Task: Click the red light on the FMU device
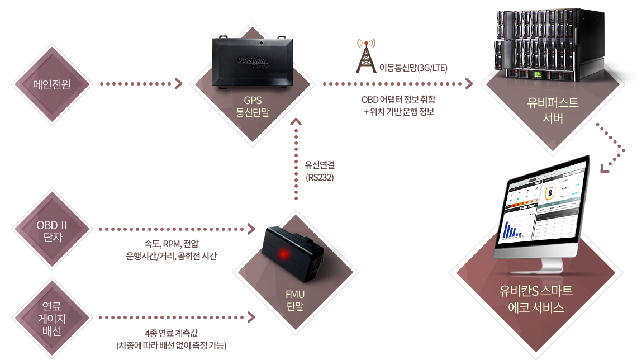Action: tap(284, 255)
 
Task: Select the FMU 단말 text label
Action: tap(294, 300)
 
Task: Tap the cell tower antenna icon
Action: tap(366, 56)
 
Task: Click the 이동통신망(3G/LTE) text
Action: tap(413, 68)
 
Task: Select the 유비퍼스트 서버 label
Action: tap(552, 110)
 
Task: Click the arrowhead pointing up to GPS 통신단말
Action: tap(297, 121)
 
